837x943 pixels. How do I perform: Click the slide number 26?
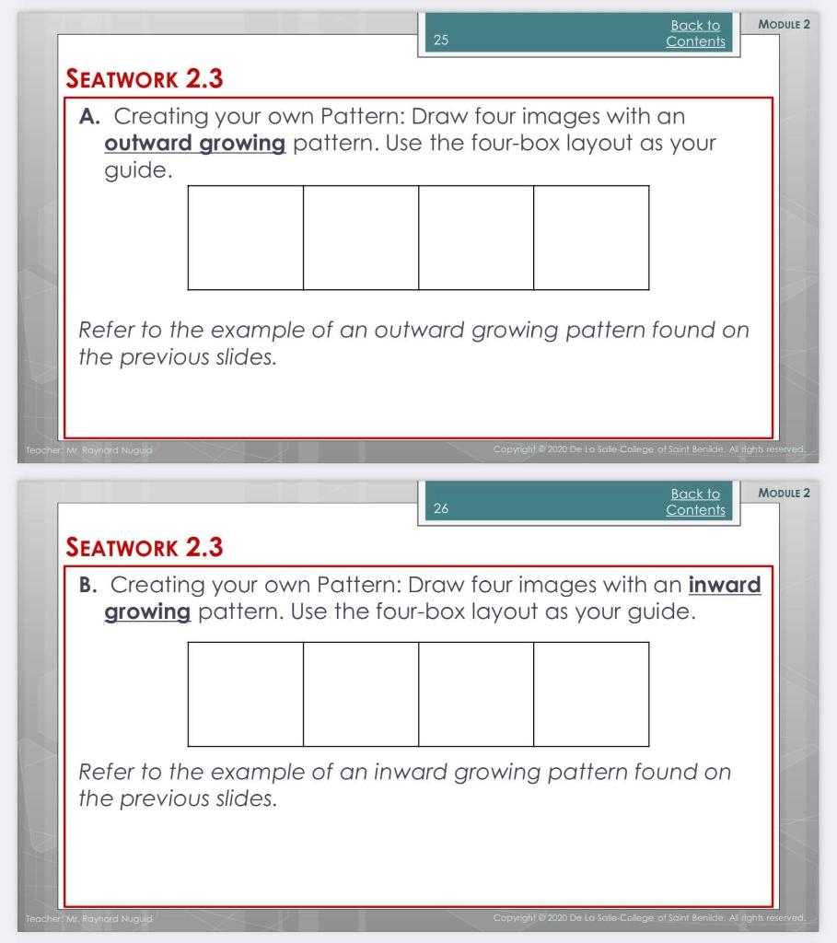tap(439, 509)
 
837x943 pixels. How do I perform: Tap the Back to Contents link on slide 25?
tap(695, 34)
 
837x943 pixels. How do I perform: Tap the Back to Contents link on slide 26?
tap(695, 502)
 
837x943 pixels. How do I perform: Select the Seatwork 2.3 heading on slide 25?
tap(145, 79)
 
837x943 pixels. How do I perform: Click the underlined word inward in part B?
tap(725, 586)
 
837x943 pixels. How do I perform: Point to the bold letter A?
tap(89, 118)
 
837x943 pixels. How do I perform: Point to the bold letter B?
tap(89, 586)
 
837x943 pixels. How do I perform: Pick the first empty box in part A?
tap(245, 238)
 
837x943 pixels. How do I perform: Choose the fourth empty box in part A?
tap(591, 238)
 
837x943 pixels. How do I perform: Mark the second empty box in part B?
tap(361, 693)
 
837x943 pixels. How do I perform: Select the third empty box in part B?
tap(476, 693)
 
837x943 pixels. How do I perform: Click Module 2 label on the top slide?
tap(783, 24)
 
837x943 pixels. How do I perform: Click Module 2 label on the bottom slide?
tap(783, 493)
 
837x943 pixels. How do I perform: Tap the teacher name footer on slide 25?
tap(85, 449)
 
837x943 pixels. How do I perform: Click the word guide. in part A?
tap(137, 172)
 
